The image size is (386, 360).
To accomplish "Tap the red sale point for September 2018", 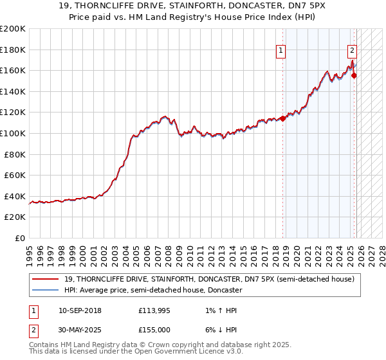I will [x=282, y=118].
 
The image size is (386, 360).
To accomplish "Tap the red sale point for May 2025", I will [x=354, y=76].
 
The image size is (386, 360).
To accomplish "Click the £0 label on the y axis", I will [x=20, y=238].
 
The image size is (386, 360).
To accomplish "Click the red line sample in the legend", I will [x=45, y=279].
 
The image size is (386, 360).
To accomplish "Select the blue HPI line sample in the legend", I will [x=45, y=290].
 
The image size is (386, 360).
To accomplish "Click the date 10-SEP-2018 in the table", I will [x=80, y=310].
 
